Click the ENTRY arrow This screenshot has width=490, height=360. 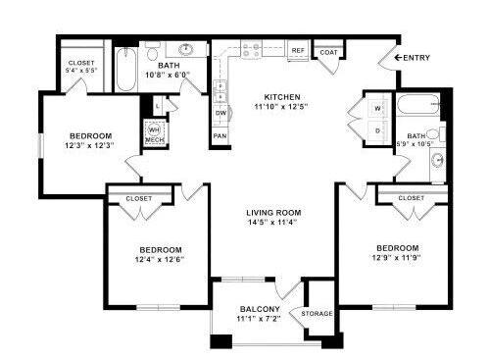[399, 58]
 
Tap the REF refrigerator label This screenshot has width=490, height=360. [297, 49]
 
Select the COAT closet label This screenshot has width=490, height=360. [329, 52]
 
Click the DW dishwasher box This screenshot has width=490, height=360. [220, 113]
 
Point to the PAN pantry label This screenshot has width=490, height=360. [220, 135]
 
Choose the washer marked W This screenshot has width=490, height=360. [376, 106]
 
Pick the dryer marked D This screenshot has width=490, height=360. [376, 129]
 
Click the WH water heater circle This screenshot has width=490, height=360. [154, 129]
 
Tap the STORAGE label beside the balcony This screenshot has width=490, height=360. [318, 314]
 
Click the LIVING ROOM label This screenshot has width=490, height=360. [272, 213]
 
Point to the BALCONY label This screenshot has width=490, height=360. [260, 310]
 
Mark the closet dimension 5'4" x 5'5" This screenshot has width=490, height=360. [79, 71]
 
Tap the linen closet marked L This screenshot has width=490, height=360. [158, 104]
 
